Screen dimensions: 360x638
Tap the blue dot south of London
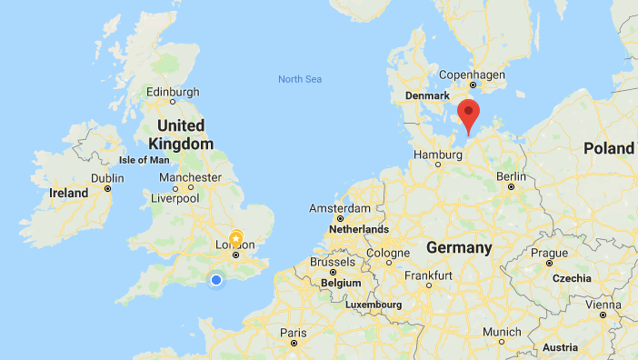[x=216, y=279]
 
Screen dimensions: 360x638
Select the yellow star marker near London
[x=235, y=238]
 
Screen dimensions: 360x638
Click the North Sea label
[x=300, y=80]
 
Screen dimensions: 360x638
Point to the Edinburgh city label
[x=173, y=92]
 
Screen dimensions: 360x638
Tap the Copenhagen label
[x=471, y=75]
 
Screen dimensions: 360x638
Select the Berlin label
[x=512, y=175]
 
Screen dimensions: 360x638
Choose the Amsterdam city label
[x=334, y=208]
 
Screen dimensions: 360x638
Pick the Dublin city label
[x=107, y=178]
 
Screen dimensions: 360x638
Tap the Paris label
[x=293, y=333]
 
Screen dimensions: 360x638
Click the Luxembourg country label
[x=373, y=304]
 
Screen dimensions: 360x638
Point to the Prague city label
[x=550, y=253]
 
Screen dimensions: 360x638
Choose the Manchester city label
[x=190, y=177]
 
